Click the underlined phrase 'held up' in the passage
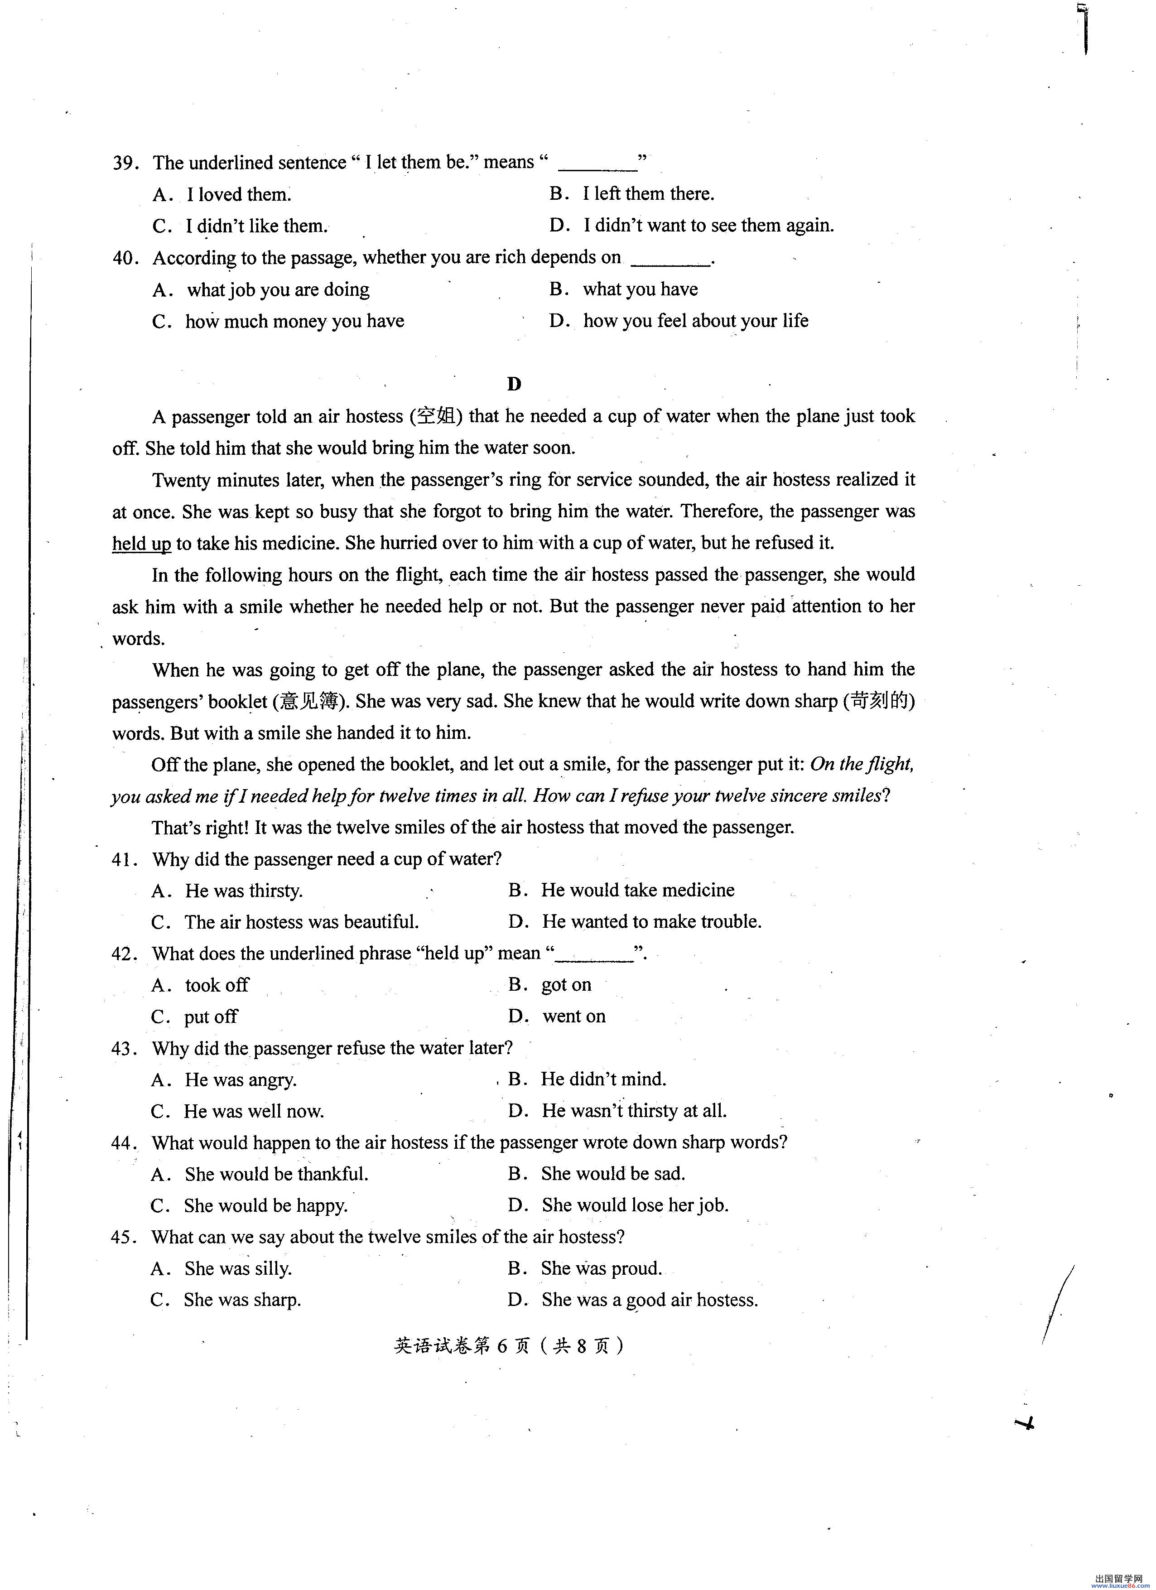(142, 543)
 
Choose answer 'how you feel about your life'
(695, 321)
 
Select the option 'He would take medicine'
(637, 890)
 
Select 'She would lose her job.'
(635, 1205)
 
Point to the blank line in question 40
(671, 261)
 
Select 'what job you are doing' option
(278, 289)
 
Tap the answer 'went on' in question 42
(573, 1017)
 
